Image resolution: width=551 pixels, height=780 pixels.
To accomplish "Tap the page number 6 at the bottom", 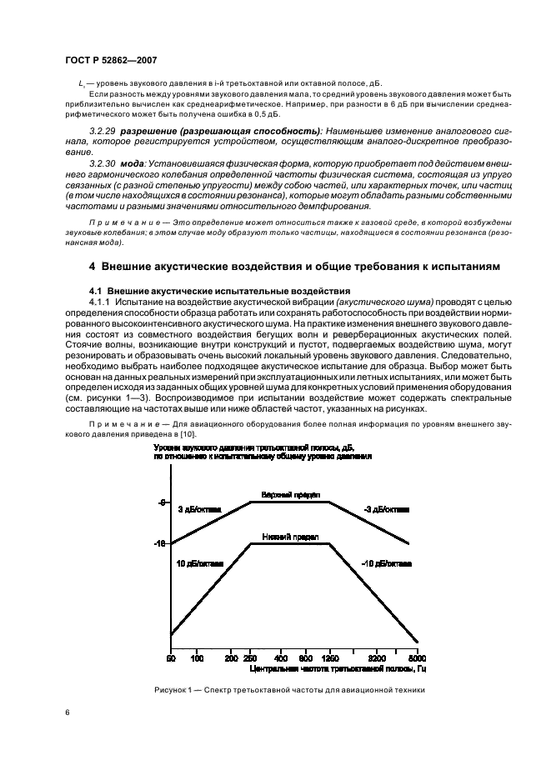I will coord(67,712).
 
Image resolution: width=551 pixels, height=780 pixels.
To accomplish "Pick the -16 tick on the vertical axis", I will coord(162,544).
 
